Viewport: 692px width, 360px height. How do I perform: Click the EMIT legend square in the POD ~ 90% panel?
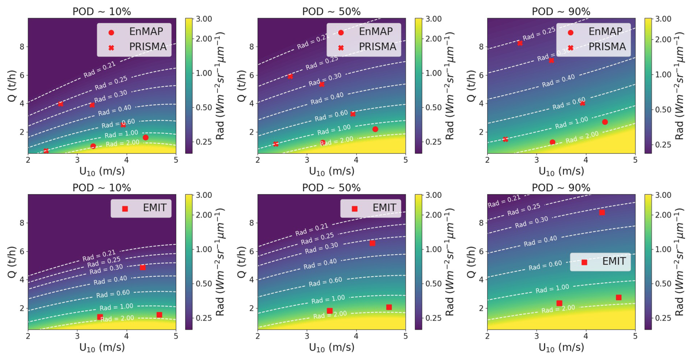pos(584,262)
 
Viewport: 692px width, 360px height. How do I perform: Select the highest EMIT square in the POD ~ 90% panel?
pos(602,212)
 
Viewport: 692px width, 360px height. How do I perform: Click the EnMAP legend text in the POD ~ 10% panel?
pos(146,31)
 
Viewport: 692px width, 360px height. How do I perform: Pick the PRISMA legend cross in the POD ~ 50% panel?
pos(341,48)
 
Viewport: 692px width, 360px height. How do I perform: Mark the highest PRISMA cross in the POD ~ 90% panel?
pos(519,43)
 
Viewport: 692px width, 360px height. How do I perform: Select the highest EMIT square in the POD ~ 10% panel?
pos(143,267)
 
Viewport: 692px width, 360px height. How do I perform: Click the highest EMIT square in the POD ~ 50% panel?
pos(372,243)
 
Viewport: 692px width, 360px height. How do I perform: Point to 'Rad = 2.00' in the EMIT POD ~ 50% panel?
pos(330,315)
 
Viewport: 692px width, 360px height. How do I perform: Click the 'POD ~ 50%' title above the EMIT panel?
pos(331,188)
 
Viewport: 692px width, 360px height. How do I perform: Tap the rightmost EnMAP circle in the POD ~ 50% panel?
pos(375,129)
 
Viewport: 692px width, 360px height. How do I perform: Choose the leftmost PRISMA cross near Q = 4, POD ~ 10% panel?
pos(61,104)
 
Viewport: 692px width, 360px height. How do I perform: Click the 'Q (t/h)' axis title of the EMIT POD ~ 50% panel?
pos(241,262)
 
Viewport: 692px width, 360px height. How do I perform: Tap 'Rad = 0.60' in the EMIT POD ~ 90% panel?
pos(545,266)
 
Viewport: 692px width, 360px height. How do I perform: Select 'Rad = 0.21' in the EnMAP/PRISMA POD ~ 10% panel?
pos(99,70)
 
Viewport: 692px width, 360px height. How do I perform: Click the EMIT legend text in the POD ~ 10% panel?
pos(155,208)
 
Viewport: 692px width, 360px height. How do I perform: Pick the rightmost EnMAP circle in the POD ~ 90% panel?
pos(605,122)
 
